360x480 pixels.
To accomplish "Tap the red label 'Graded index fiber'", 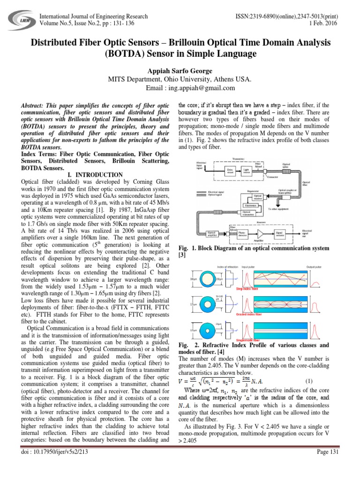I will [x=249, y=314].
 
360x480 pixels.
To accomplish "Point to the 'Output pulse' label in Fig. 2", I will [x=314, y=267].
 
